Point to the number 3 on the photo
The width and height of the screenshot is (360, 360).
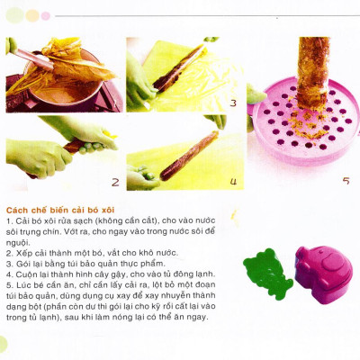tap(232, 103)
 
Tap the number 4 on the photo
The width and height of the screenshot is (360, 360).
tap(232, 183)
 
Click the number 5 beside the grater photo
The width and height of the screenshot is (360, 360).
tap(346, 181)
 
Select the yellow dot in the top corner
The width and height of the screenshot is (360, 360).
tap(31, 15)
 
